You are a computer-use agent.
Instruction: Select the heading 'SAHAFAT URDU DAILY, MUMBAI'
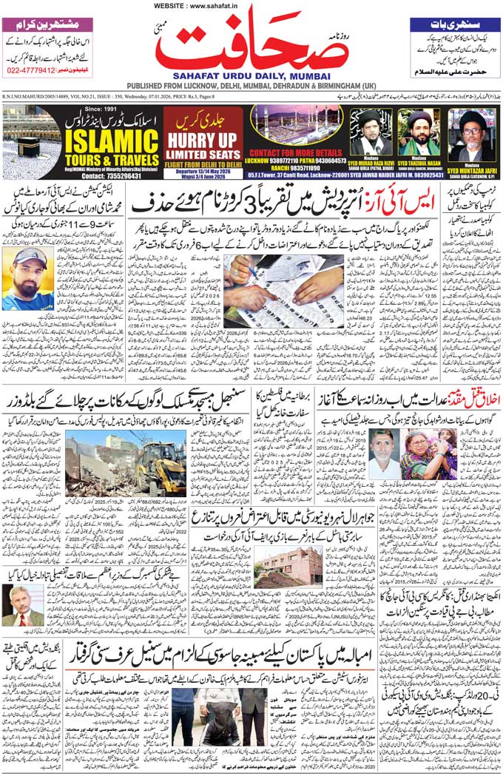tap(251, 75)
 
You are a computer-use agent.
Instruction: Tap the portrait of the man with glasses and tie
tap(23, 605)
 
